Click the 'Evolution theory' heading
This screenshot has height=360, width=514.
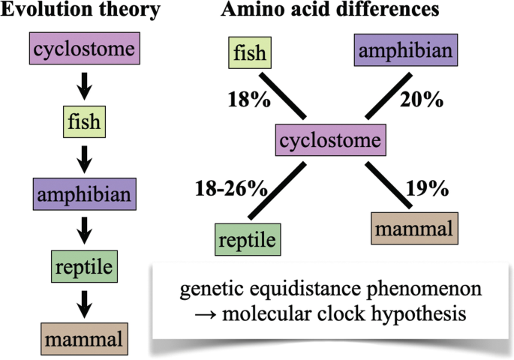80,11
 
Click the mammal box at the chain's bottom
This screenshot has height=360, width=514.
84,337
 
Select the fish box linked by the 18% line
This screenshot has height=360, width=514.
249,55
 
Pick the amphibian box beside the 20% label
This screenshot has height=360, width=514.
405,52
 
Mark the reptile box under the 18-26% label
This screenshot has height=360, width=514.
247,240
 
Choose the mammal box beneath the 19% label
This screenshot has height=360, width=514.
414,227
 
